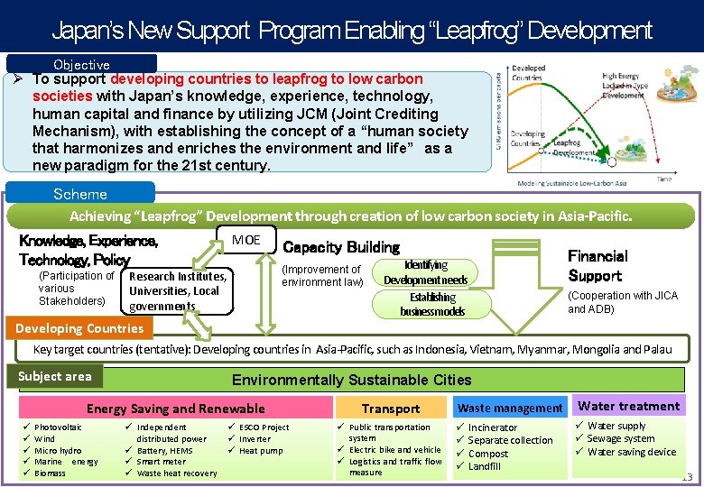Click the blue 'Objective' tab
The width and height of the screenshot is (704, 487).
[81, 64]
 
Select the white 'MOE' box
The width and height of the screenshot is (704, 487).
[245, 240]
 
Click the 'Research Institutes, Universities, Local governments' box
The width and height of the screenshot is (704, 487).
[177, 290]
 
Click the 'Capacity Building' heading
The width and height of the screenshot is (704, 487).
[341, 247]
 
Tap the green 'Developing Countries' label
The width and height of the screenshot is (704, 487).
[79, 328]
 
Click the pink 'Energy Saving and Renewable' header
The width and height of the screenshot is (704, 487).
[175, 409]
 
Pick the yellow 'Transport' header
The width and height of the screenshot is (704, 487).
[391, 409]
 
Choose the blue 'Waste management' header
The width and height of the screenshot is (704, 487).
[510, 408]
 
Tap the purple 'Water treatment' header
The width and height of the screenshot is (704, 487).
[628, 406]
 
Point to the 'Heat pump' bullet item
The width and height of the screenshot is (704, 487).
[261, 451]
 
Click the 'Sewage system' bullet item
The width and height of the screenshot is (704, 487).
[620, 439]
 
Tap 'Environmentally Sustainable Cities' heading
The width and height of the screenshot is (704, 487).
[352, 380]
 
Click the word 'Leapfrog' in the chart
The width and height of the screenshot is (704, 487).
[567, 142]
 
